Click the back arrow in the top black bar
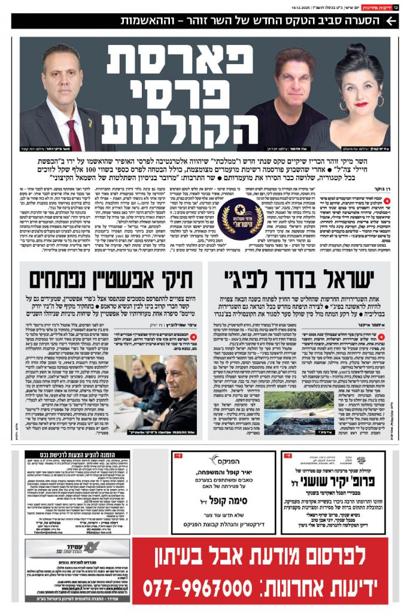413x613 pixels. (391, 20)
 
